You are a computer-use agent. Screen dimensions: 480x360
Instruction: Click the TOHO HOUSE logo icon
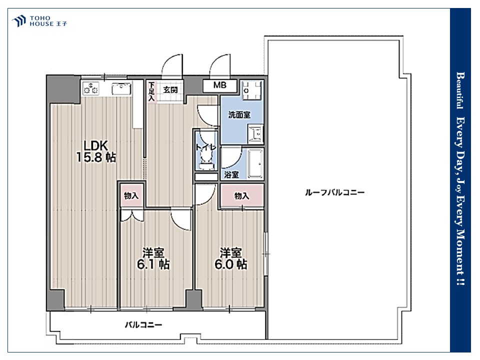(x=18, y=21)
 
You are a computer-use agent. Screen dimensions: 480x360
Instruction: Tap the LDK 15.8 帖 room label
(x=96, y=151)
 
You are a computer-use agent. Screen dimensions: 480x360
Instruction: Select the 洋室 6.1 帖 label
(x=153, y=258)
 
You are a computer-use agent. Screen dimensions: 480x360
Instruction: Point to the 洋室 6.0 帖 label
(x=231, y=258)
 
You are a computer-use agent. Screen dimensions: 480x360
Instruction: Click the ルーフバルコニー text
(x=334, y=192)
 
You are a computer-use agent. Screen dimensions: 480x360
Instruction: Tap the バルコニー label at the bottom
(x=143, y=325)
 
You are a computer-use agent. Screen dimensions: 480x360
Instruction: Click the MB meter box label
(x=220, y=85)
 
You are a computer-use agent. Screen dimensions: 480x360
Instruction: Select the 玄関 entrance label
(x=170, y=89)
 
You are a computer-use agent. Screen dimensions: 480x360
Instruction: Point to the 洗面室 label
(x=239, y=115)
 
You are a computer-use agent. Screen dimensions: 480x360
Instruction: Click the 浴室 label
(x=231, y=174)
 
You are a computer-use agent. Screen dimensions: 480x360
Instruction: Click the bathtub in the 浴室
(x=255, y=164)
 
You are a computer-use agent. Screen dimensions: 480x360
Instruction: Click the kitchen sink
(x=121, y=89)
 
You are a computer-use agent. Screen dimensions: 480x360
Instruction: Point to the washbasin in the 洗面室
(x=255, y=134)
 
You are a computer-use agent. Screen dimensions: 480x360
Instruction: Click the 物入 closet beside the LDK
(x=131, y=195)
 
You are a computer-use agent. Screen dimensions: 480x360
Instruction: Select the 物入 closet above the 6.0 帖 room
(x=242, y=195)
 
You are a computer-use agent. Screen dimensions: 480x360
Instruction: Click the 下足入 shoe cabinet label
(x=151, y=91)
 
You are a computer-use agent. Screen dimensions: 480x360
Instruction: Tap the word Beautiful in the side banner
(x=460, y=90)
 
